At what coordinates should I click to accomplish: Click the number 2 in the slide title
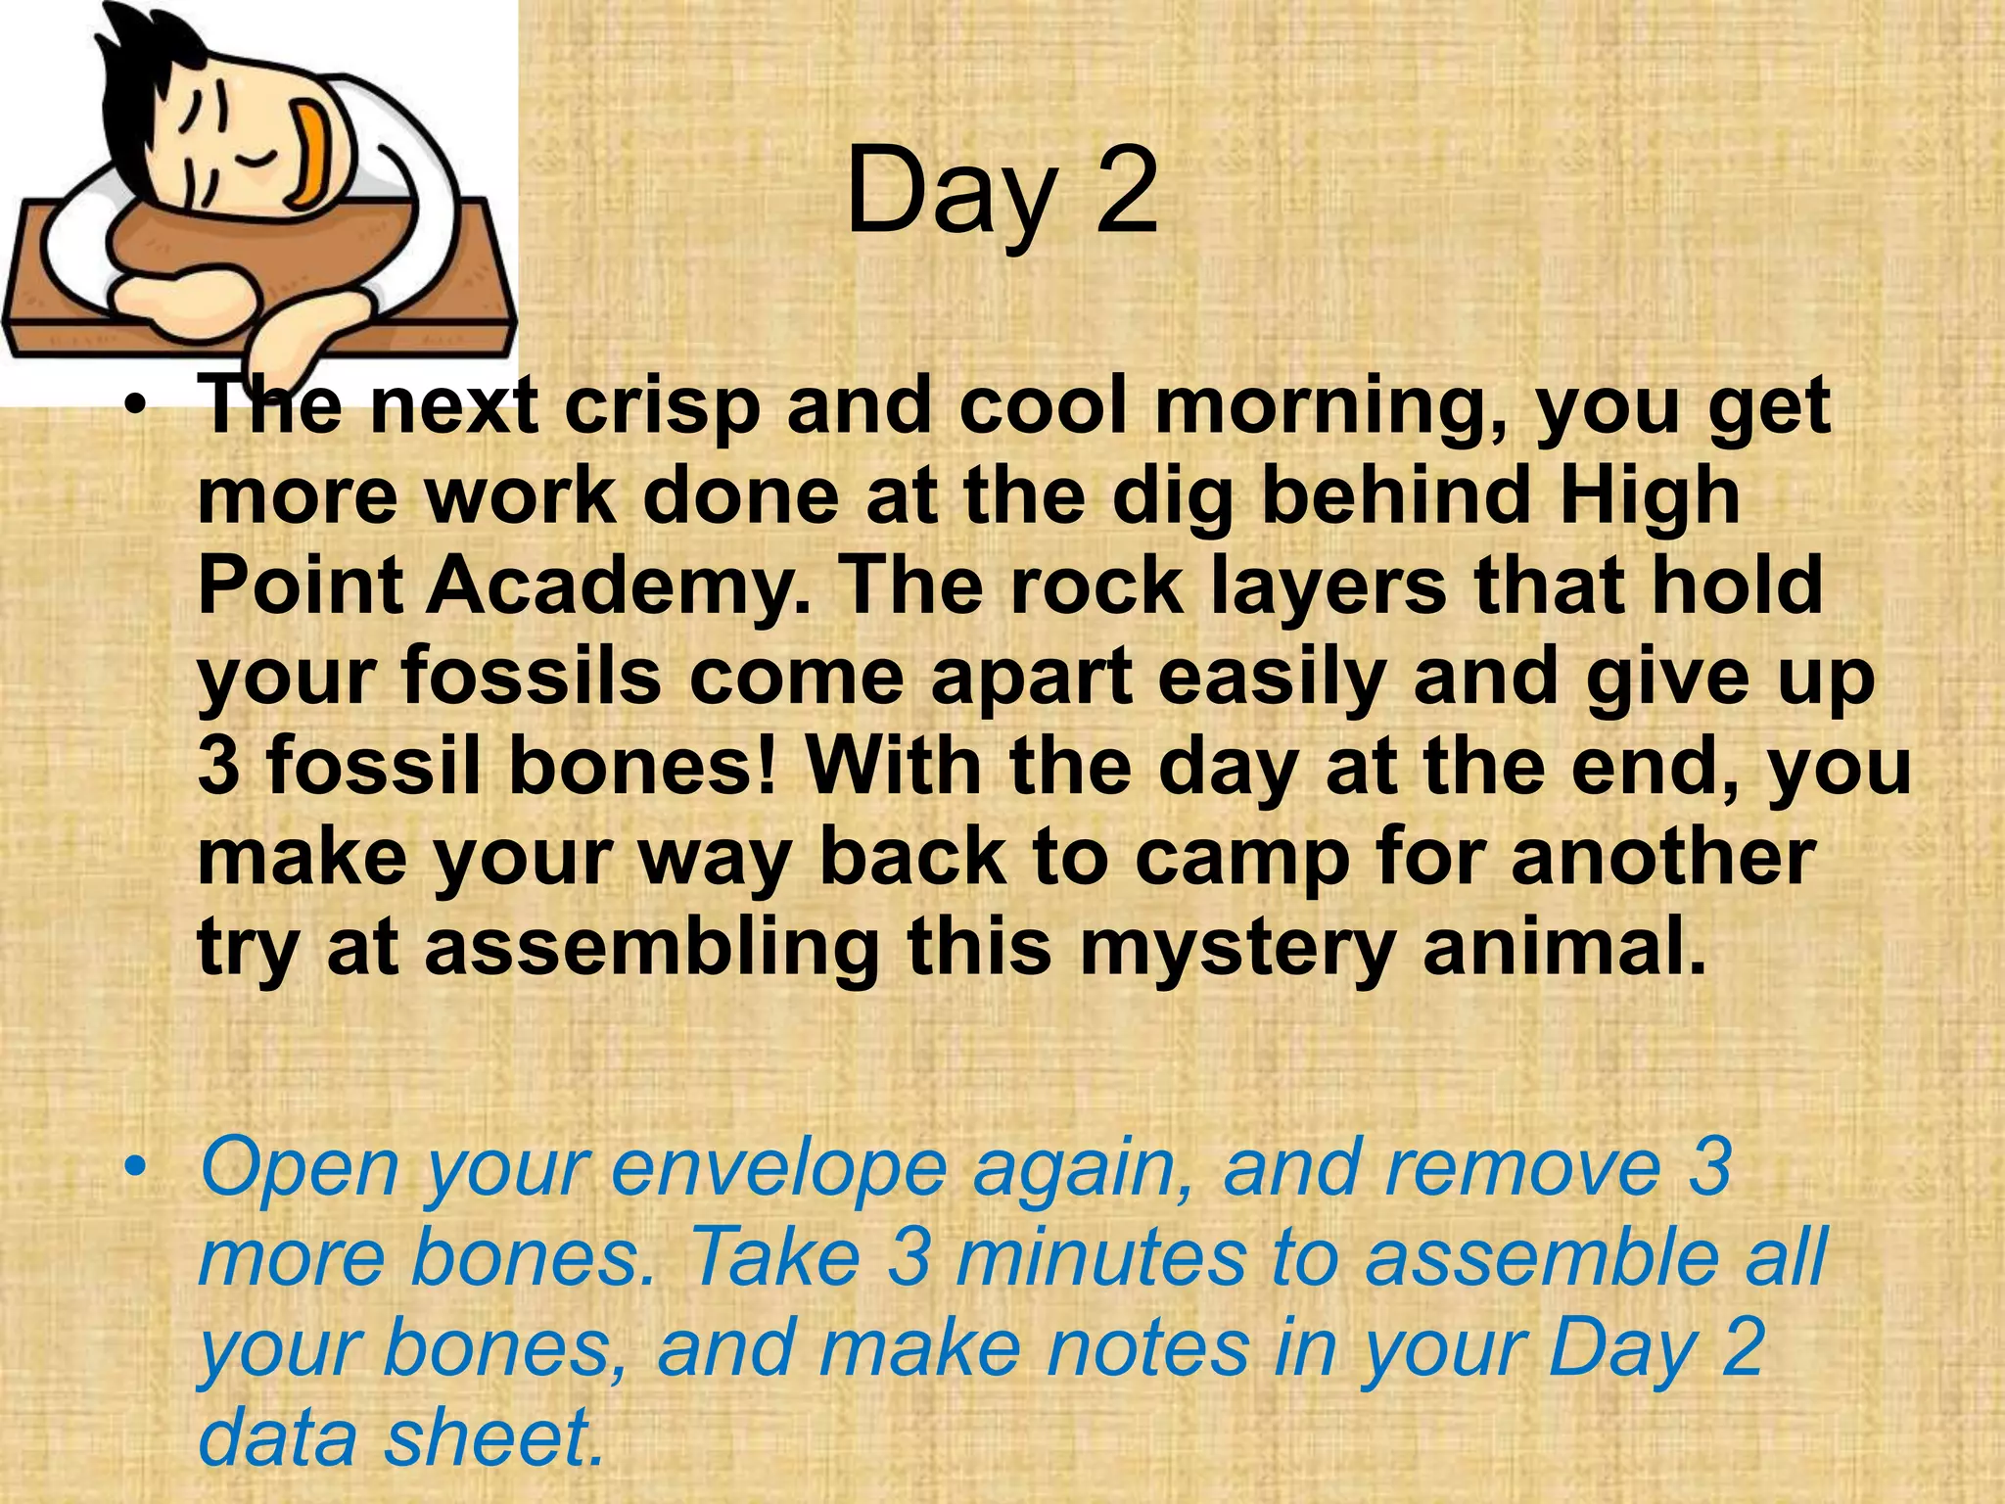click(1126, 191)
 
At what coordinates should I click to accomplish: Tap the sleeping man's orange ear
click(314, 157)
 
